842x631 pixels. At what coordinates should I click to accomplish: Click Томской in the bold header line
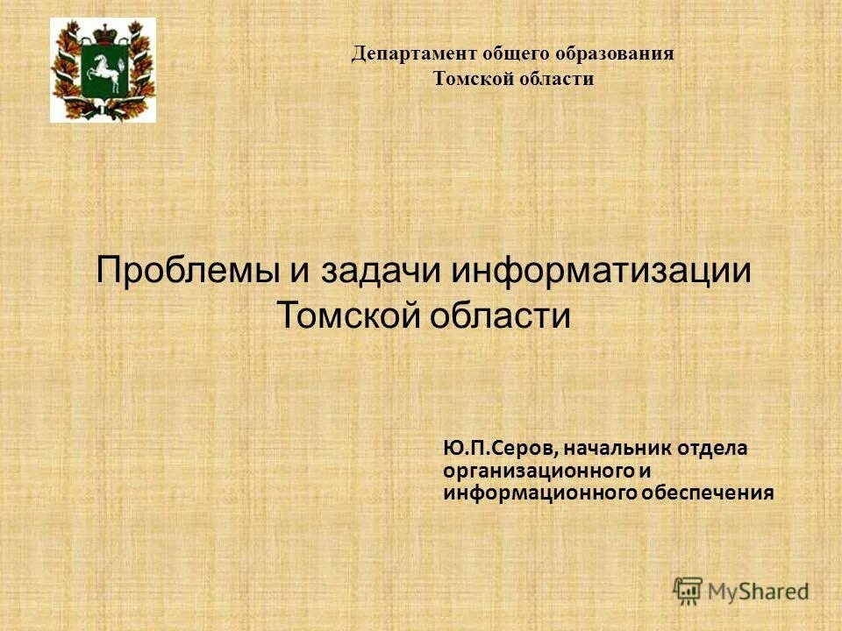(x=475, y=80)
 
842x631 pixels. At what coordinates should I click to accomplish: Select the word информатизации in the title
(x=602, y=269)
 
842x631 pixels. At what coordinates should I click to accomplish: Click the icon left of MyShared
(x=689, y=590)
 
